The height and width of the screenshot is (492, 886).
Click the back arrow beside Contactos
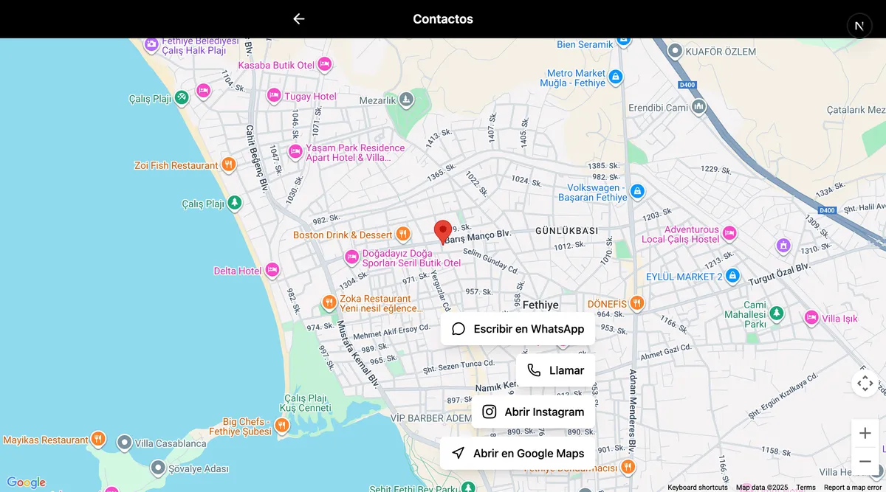pyautogui.click(x=298, y=19)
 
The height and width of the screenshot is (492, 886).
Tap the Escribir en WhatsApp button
pyautogui.click(x=518, y=329)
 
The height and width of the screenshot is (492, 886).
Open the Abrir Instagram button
pyautogui.click(x=533, y=412)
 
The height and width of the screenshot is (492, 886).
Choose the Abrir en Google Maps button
pyautogui.click(x=518, y=453)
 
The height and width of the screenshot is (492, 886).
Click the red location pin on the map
pyautogui.click(x=443, y=231)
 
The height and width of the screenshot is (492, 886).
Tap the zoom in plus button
pyautogui.click(x=865, y=433)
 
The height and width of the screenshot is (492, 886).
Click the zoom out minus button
pyautogui.click(x=865, y=461)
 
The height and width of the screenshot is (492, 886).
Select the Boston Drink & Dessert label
pyautogui.click(x=343, y=235)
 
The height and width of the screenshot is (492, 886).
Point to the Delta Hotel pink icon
pyautogui.click(x=272, y=271)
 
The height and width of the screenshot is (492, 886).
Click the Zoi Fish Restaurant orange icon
pyautogui.click(x=229, y=165)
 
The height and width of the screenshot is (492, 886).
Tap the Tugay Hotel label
pyautogui.click(x=310, y=97)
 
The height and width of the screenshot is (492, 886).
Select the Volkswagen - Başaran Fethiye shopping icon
pyautogui.click(x=637, y=192)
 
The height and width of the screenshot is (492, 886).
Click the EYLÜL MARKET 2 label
pyautogui.click(x=684, y=277)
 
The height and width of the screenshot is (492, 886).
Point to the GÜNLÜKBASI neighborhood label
pyautogui.click(x=566, y=231)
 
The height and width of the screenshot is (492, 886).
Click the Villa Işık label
pyautogui.click(x=839, y=319)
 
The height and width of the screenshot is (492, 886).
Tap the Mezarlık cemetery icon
pyautogui.click(x=406, y=100)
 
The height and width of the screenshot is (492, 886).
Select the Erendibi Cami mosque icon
pyautogui.click(x=698, y=108)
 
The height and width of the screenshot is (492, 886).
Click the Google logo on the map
pyautogui.click(x=26, y=482)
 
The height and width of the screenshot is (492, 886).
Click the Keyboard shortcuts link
pyautogui.click(x=698, y=488)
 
